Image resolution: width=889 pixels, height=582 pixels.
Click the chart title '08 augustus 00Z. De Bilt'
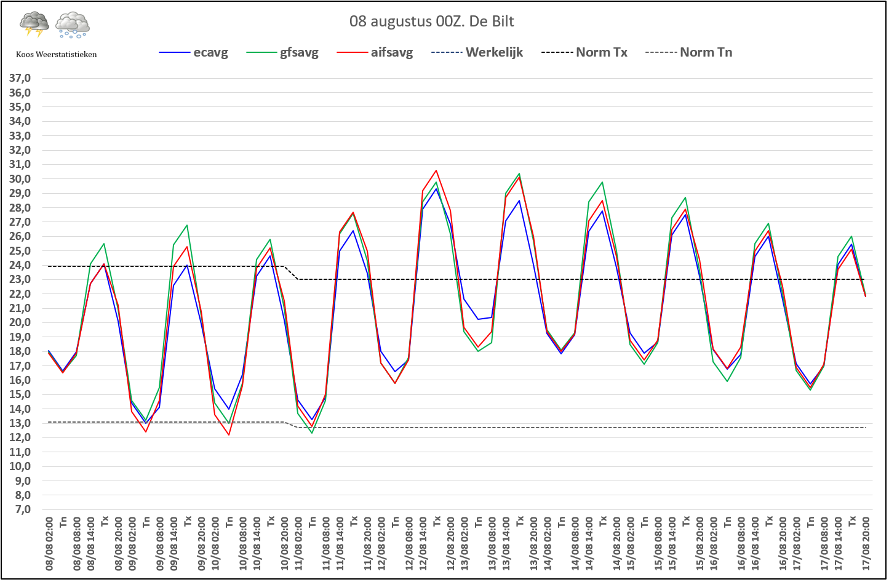tap(431, 22)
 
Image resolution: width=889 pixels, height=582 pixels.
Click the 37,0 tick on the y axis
tap(20, 78)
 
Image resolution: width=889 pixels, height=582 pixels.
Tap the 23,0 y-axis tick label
tap(20, 279)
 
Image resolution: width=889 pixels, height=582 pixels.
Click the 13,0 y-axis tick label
tap(20, 423)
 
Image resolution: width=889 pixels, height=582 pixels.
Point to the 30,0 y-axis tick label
tap(20, 179)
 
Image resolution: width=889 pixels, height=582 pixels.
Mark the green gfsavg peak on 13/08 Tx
tap(519, 173)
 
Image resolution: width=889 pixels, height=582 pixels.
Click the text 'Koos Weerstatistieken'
tap(56, 54)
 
